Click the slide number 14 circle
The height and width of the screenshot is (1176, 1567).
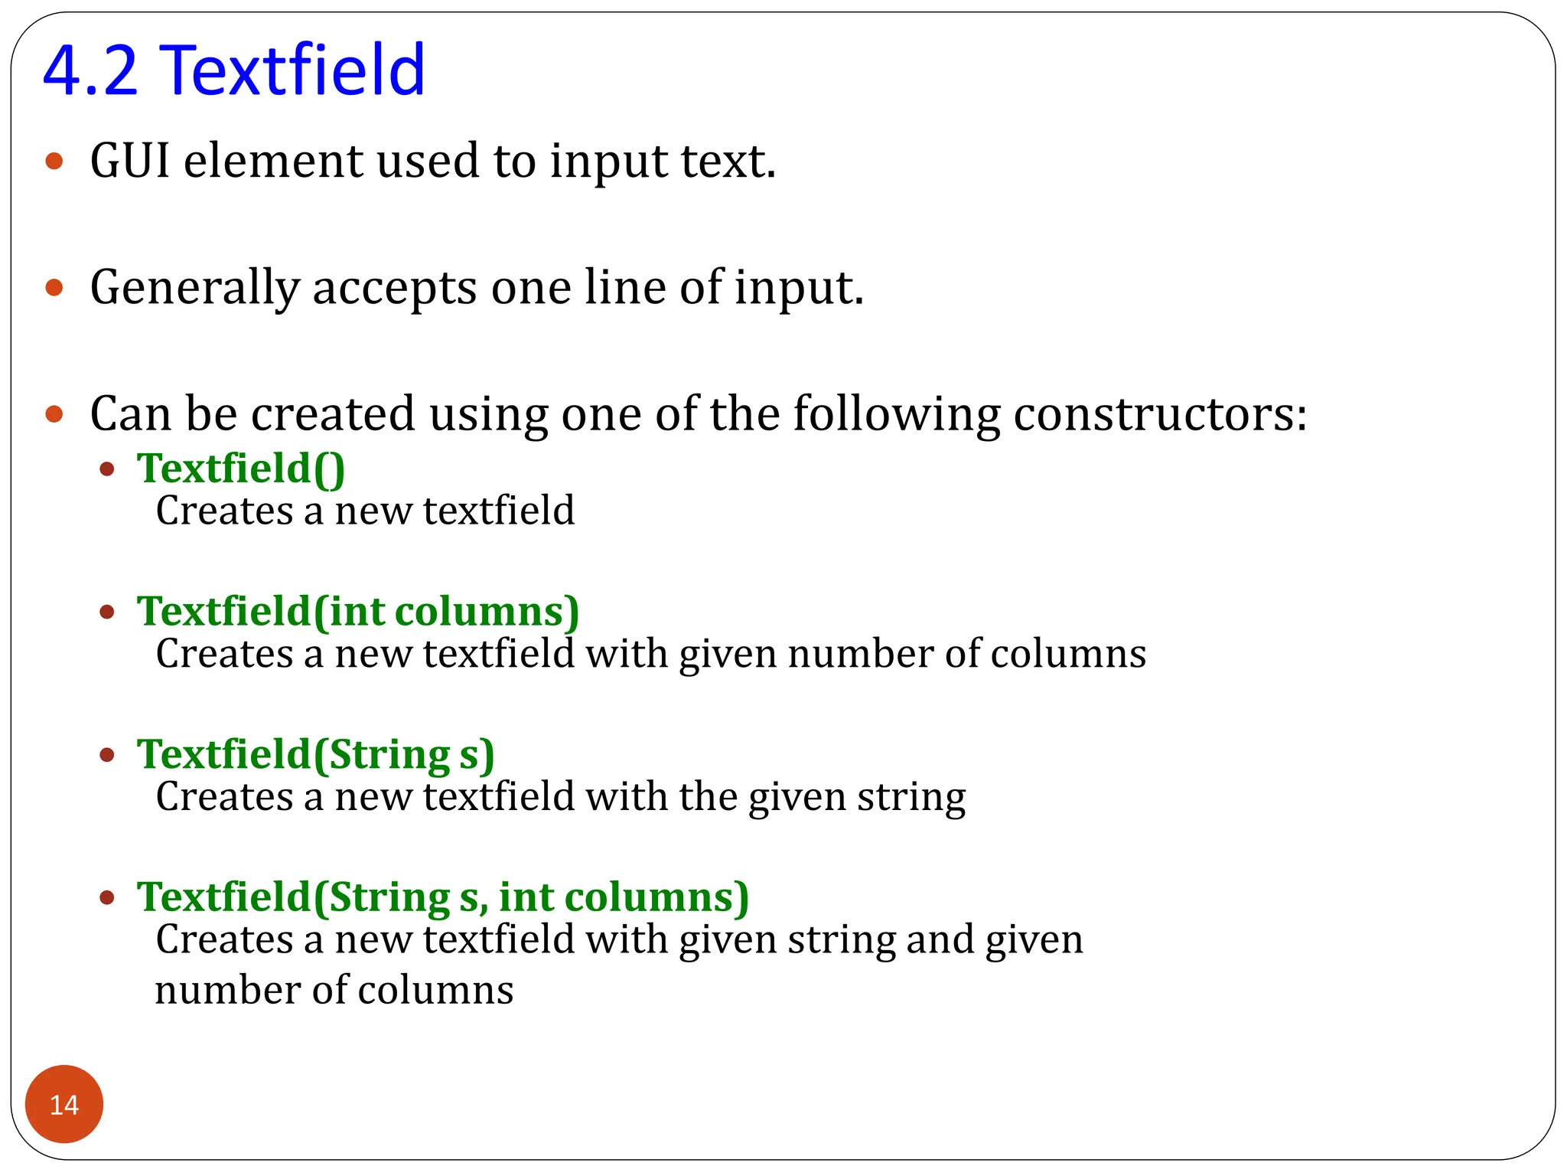(x=64, y=1104)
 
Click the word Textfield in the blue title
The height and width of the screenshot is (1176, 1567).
(x=295, y=70)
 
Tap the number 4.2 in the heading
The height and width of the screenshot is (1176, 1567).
(x=90, y=70)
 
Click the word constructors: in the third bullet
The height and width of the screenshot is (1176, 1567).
(x=1160, y=414)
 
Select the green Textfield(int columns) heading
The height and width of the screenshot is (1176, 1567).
(x=357, y=611)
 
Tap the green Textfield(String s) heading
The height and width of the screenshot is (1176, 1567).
(x=315, y=754)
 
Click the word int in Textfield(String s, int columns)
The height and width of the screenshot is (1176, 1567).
(x=526, y=897)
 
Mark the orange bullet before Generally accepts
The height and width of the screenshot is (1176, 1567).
(x=54, y=288)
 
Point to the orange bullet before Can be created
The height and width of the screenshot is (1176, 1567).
(x=54, y=414)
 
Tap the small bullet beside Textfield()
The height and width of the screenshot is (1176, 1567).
(x=107, y=469)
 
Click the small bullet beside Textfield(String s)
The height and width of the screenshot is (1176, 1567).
(x=107, y=755)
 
